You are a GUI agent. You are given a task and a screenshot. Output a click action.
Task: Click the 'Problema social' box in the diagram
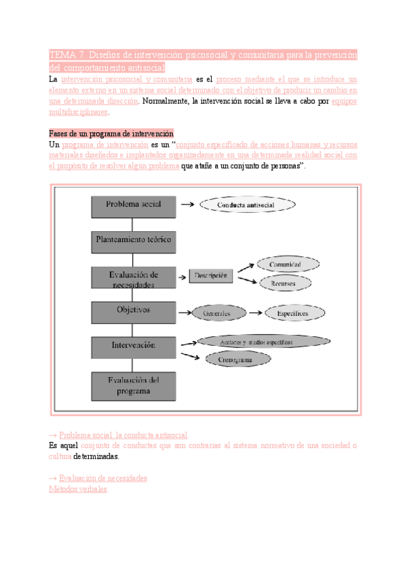click(x=134, y=205)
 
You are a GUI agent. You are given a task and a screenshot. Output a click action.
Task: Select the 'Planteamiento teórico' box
click(x=134, y=240)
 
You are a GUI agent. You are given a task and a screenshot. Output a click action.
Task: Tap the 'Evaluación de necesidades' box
click(x=134, y=279)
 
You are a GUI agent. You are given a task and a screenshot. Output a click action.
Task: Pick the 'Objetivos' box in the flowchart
click(x=134, y=312)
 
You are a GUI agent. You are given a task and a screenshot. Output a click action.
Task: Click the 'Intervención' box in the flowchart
click(x=134, y=346)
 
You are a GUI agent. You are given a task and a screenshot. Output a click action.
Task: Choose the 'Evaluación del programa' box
click(x=134, y=385)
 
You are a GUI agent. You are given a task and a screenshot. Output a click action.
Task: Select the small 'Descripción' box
click(x=211, y=276)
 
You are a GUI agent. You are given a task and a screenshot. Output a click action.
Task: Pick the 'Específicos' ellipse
click(x=292, y=314)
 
